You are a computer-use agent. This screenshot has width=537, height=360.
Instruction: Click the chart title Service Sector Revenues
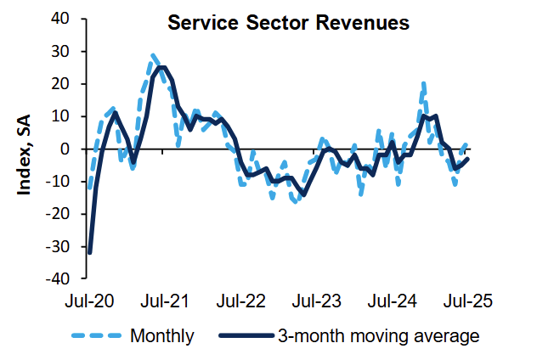click(288, 23)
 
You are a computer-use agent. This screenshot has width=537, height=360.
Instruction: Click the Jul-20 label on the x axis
click(88, 301)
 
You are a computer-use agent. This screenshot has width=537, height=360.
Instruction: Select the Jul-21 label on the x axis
click(164, 301)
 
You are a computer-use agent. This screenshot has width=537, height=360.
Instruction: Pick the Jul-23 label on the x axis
click(315, 301)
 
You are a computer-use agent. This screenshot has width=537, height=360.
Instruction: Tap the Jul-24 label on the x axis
click(391, 301)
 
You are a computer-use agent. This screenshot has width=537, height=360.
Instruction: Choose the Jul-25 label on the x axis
click(466, 301)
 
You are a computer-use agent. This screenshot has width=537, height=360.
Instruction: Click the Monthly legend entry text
click(162, 335)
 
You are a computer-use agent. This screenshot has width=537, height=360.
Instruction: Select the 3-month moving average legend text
click(378, 335)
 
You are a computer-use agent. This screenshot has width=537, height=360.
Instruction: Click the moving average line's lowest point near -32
click(90, 251)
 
